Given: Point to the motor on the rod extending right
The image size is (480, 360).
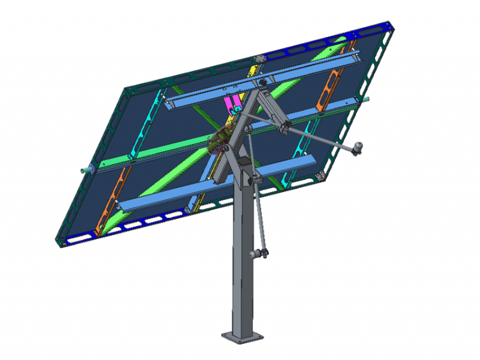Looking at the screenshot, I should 358,148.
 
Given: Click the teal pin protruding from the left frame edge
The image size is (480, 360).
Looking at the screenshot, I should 88,171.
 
